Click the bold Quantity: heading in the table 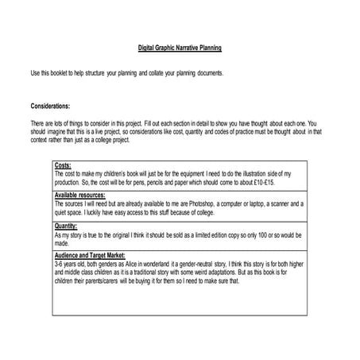(x=66, y=226)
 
